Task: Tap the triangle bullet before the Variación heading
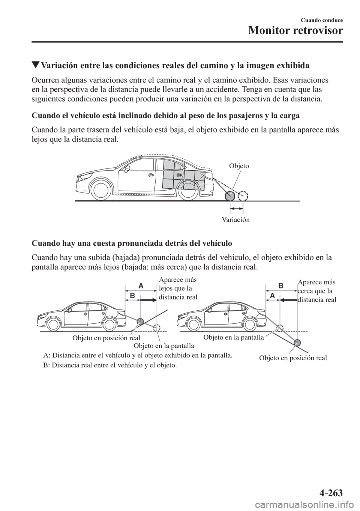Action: [x=36, y=65]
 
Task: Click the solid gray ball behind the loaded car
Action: [x=229, y=196]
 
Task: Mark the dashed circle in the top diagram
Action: [x=243, y=196]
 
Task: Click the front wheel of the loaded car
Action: [x=100, y=191]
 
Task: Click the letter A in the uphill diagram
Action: [x=141, y=286]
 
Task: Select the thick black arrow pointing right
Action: [x=148, y=300]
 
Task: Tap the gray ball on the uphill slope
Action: [x=140, y=321]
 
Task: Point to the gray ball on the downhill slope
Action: [x=297, y=342]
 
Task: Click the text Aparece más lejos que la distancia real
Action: [x=178, y=289]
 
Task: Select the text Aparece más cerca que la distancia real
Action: [x=316, y=291]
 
